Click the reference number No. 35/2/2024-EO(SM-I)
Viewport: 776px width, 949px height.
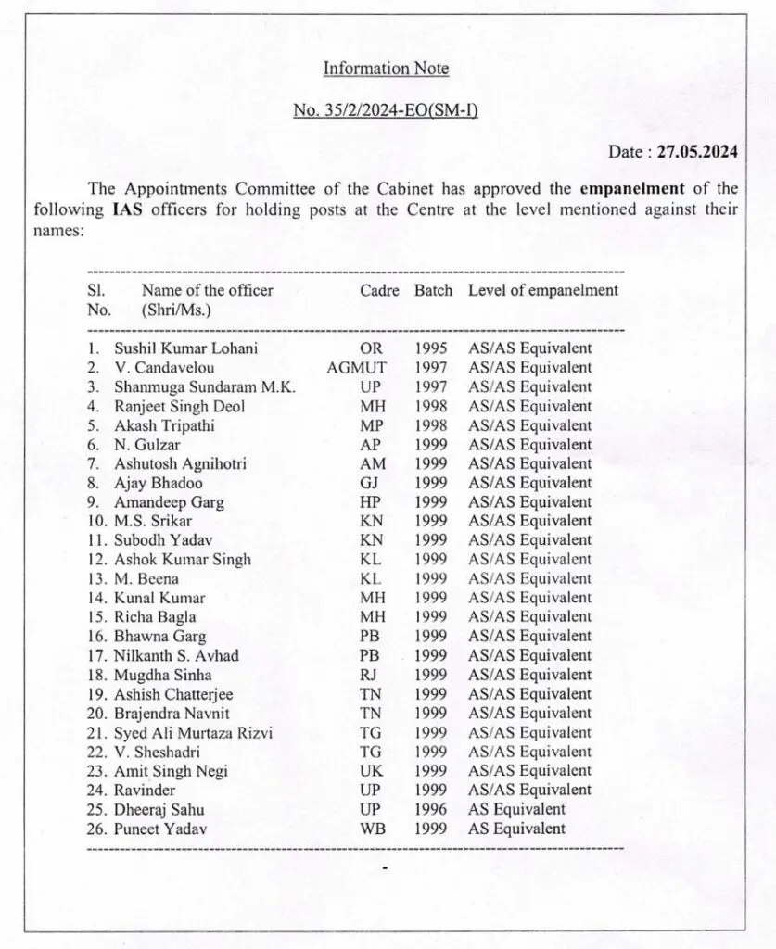385,110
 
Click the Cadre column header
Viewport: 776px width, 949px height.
379,290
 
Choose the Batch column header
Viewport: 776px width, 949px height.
433,290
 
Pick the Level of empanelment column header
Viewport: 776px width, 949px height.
542,290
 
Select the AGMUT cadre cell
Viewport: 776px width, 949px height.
357,368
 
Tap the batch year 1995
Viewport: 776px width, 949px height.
431,349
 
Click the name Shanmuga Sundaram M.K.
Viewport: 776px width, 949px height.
204,387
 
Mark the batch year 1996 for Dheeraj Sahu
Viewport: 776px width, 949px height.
431,809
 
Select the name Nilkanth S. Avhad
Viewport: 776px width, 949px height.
176,656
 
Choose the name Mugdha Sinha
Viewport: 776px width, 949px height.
162,675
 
